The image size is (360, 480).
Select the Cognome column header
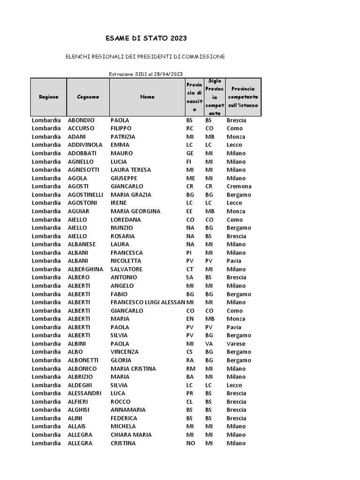tap(88, 97)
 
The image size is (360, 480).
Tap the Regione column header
tap(49, 97)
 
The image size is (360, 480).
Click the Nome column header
tap(147, 97)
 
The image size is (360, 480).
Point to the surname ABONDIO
tap(81, 120)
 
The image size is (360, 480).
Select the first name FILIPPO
tap(121, 128)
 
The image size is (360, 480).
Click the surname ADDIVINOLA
tap(85, 145)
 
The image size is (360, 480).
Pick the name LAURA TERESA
tap(131, 170)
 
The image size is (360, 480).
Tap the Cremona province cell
tap(239, 186)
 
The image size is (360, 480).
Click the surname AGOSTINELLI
tap(86, 195)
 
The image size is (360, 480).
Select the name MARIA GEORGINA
tap(135, 211)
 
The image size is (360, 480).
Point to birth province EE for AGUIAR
tap(190, 211)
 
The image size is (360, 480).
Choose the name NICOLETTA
tap(126, 261)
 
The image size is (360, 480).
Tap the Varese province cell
tap(236, 344)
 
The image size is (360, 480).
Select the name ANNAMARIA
tap(128, 410)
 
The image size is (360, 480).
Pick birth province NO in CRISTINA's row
tap(190, 443)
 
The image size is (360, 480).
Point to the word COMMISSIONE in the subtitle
tap(203, 57)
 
